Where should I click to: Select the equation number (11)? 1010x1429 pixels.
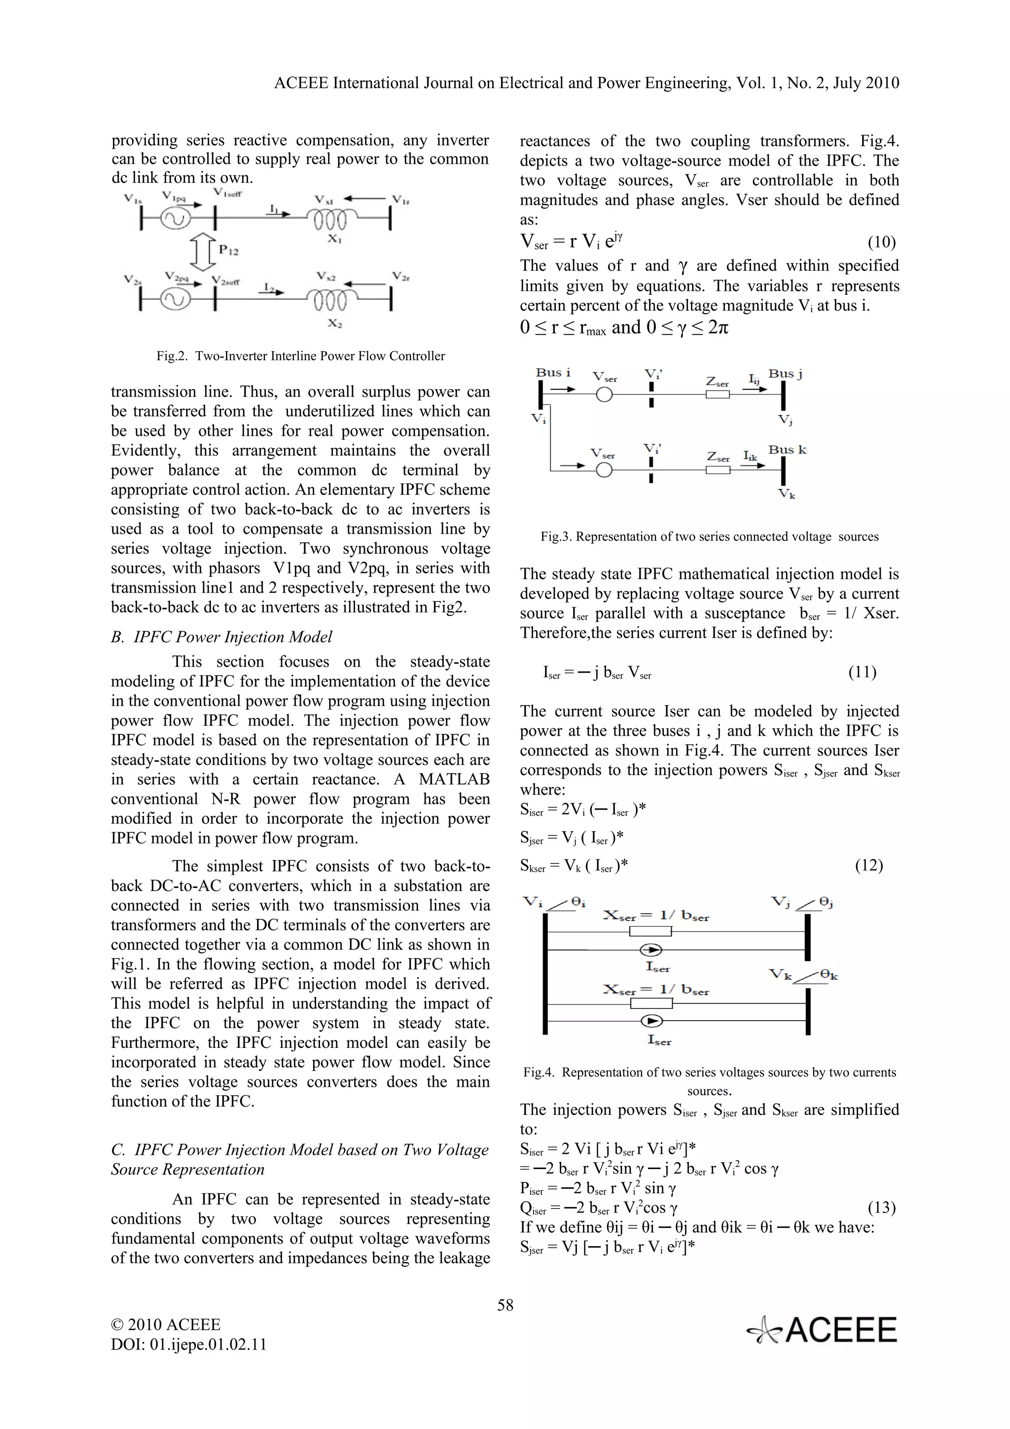[x=863, y=672]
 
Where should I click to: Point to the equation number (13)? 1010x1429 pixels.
[x=881, y=1208]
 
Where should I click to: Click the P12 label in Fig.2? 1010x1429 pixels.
[x=228, y=250]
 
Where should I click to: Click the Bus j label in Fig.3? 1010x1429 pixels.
[x=785, y=373]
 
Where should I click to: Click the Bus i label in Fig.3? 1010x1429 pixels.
[x=553, y=372]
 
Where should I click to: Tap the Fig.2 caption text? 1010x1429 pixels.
[x=300, y=356]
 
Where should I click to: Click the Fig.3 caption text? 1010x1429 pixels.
[x=710, y=536]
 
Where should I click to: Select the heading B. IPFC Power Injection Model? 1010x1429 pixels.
[x=221, y=637]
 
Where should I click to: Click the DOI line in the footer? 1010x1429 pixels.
[x=188, y=1344]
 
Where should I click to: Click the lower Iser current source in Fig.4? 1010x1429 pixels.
[x=651, y=1021]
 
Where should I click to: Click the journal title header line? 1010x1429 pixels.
[x=586, y=83]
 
